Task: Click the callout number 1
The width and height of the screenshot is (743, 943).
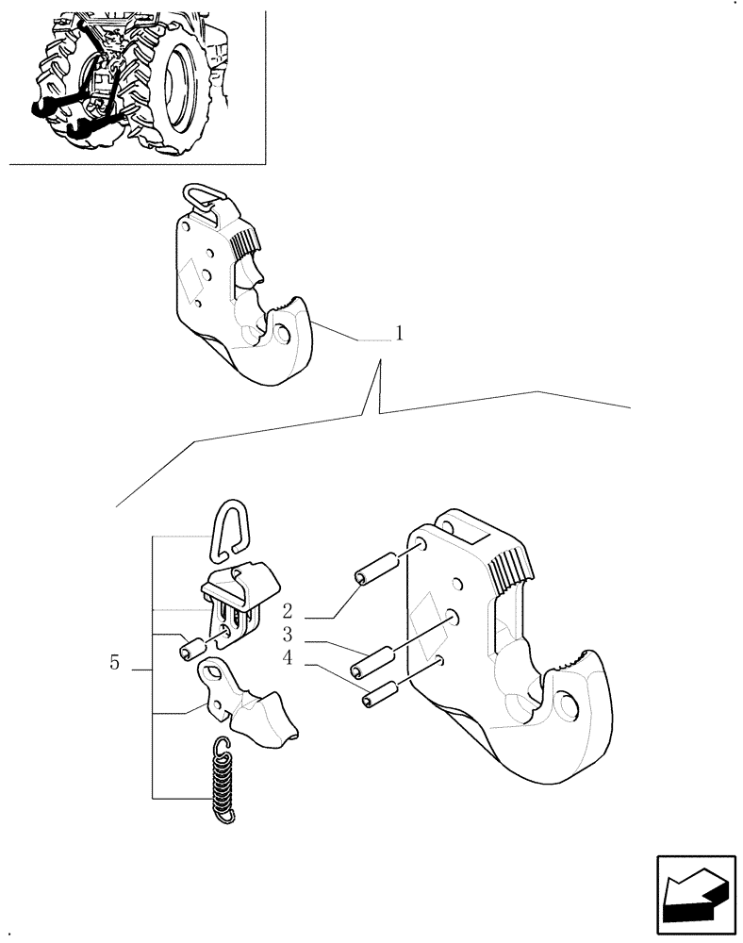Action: [399, 334]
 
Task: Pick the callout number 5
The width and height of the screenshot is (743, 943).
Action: [114, 663]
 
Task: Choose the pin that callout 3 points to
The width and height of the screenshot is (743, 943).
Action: [370, 662]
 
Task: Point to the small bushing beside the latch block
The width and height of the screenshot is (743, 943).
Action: [192, 650]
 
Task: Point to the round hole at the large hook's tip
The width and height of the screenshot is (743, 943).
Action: [569, 704]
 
